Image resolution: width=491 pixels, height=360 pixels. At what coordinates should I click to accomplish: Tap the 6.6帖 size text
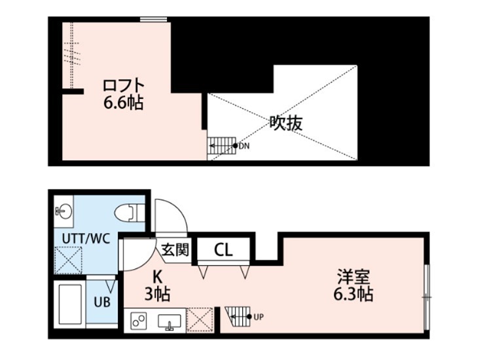[123, 103]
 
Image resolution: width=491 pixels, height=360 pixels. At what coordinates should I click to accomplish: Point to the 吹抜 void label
[286, 122]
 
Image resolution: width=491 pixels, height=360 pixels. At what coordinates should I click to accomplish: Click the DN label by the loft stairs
[244, 146]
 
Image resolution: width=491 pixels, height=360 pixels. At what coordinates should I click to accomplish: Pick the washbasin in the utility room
[64, 211]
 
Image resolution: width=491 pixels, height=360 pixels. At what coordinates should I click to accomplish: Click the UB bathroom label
[101, 302]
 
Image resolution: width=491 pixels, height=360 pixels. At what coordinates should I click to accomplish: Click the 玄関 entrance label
[175, 249]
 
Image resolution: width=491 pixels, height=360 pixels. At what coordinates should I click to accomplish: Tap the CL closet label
[223, 249]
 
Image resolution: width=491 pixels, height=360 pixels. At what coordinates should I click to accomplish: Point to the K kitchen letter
[158, 277]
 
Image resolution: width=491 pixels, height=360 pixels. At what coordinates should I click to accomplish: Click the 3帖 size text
[158, 294]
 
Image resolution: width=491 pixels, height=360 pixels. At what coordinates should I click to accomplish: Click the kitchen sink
[171, 321]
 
